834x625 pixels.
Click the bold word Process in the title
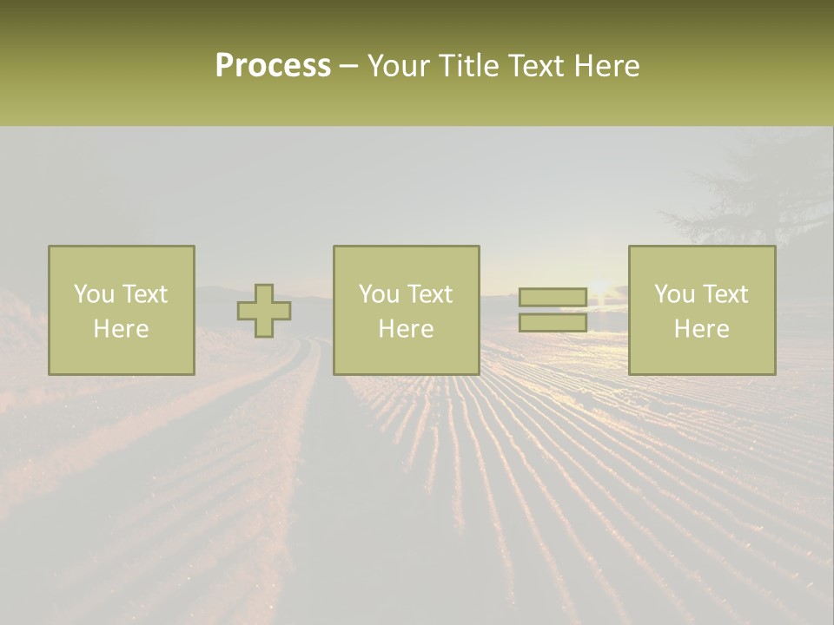tap(273, 66)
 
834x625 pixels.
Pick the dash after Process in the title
tap(348, 67)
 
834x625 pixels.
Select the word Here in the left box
tap(122, 329)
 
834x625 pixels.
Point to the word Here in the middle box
tap(407, 329)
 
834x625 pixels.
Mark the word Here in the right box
tap(702, 329)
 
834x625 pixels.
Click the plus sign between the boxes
tap(264, 311)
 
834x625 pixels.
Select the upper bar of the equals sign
tap(553, 298)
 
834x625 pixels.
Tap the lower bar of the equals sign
tap(553, 323)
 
